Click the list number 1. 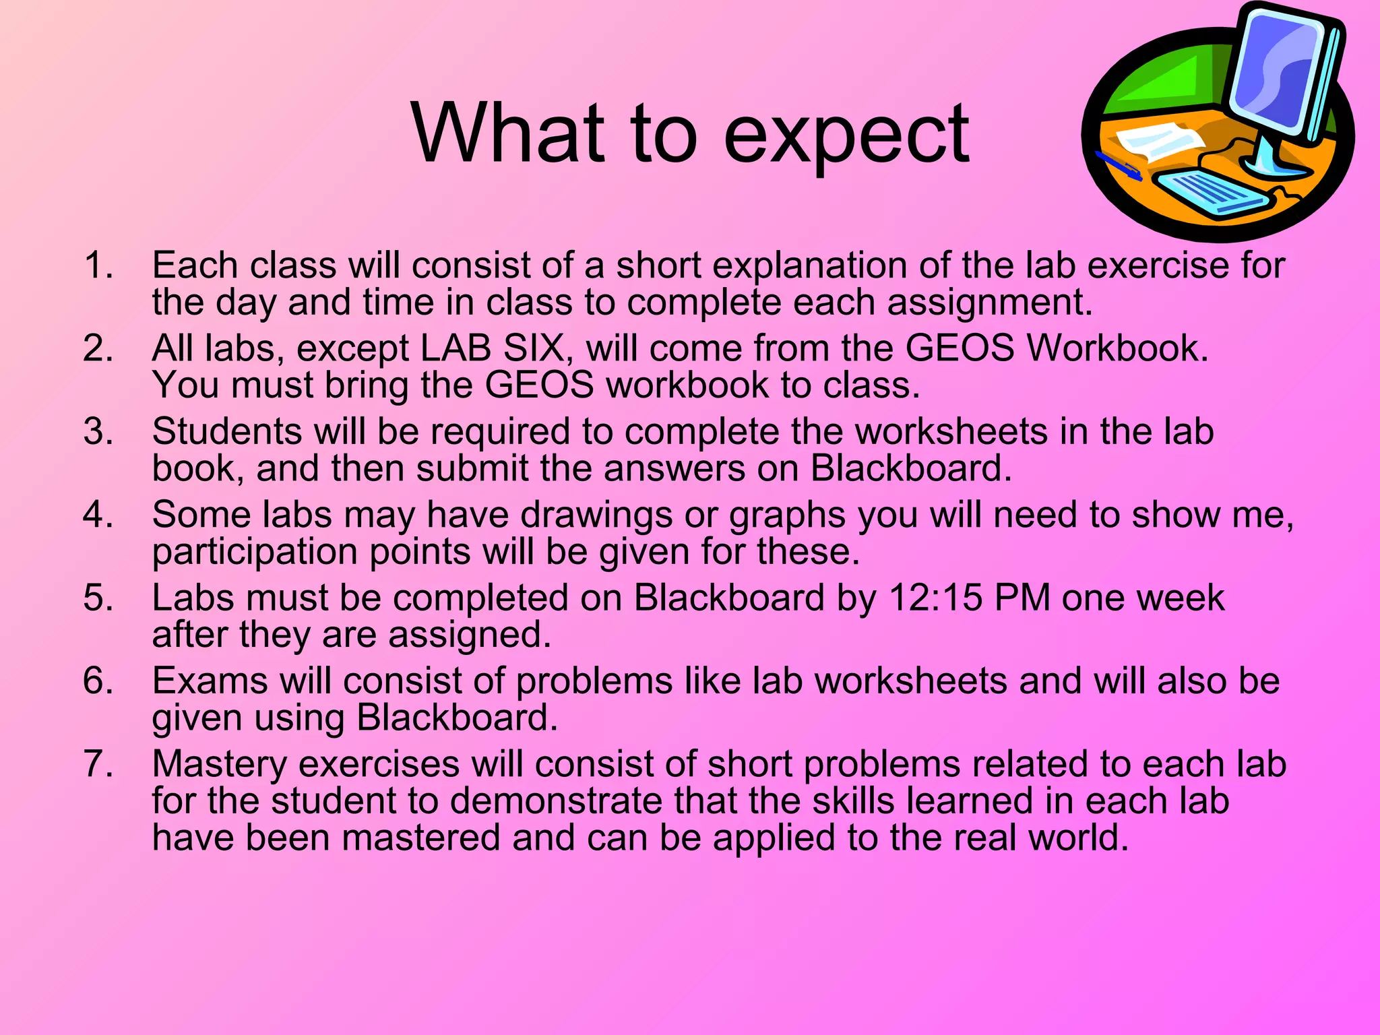pyautogui.click(x=98, y=265)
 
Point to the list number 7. pyautogui.click(x=98, y=764)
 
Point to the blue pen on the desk pyautogui.click(x=1118, y=166)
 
